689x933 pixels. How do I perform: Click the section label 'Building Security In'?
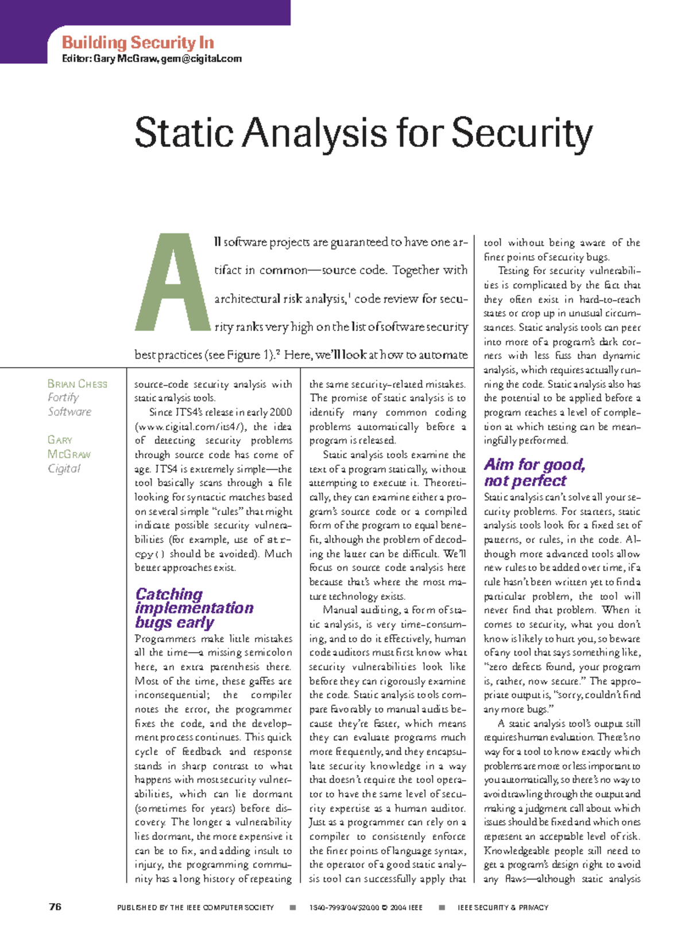point(138,43)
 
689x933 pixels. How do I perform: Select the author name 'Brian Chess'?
point(77,384)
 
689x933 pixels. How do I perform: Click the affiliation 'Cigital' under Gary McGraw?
point(64,469)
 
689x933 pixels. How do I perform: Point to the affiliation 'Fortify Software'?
point(69,404)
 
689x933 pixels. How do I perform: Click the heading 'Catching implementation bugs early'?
point(193,608)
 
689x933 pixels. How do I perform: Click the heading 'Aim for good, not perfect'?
point(534,472)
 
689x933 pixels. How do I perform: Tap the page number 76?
point(55,907)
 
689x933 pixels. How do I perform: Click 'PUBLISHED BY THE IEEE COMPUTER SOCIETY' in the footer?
point(195,908)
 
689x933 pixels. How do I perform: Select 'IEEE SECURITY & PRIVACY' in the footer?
point(502,908)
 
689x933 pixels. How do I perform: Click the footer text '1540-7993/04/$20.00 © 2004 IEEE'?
point(366,908)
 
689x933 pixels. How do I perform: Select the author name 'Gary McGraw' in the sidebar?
point(68,447)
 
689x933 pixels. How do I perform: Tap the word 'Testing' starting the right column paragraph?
point(513,271)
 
